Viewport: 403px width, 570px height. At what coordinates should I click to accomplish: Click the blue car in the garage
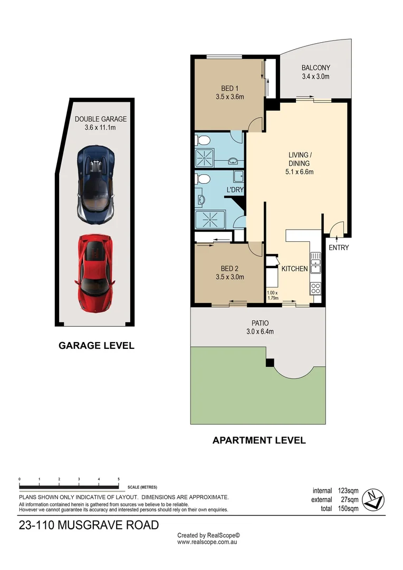pyautogui.click(x=95, y=184)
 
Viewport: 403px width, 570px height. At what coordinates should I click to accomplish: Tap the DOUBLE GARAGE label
pyautogui.click(x=100, y=123)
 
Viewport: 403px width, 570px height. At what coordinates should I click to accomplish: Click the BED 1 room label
pyautogui.click(x=229, y=92)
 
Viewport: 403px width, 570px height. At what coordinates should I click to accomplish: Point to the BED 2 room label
pyautogui.click(x=229, y=272)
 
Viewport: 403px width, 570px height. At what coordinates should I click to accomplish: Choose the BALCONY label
pyautogui.click(x=315, y=72)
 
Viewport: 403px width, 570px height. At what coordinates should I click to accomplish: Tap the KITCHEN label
pyautogui.click(x=294, y=269)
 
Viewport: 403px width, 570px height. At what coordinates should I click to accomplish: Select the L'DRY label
pyautogui.click(x=234, y=189)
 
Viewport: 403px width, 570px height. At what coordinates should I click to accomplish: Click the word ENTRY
pyautogui.click(x=339, y=248)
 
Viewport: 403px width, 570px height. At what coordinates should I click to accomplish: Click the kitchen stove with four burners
pyautogui.click(x=316, y=288)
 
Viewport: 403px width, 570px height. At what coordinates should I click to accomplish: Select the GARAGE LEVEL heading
pyautogui.click(x=96, y=346)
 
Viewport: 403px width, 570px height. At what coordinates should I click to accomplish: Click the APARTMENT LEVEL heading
pyautogui.click(x=259, y=440)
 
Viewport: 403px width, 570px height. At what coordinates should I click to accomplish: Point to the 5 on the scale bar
pyautogui.click(x=119, y=479)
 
